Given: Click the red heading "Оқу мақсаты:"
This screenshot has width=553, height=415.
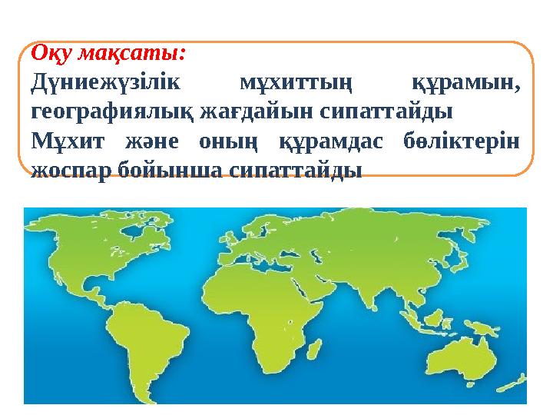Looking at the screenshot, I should [108, 55].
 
